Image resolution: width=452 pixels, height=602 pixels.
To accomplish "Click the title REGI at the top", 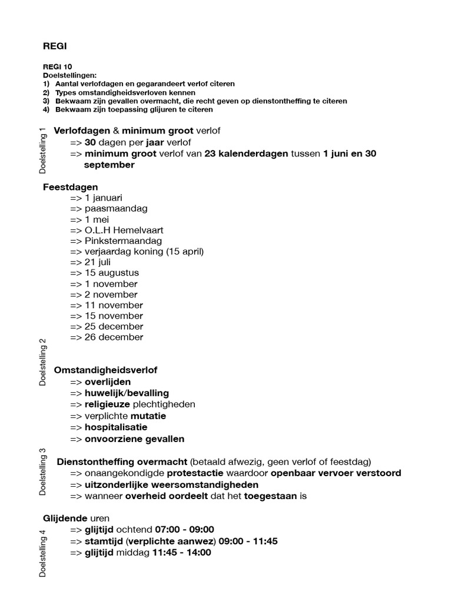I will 55,46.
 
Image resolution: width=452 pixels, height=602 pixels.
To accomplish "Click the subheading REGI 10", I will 58,68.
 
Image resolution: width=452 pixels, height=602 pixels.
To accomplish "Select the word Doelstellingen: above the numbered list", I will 69,76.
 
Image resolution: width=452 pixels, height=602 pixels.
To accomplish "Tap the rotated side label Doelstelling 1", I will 42,150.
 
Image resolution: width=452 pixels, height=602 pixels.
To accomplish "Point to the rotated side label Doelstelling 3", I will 42,471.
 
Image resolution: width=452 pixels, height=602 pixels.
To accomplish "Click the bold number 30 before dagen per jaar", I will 91,142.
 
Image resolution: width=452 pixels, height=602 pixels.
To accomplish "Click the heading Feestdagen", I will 70,187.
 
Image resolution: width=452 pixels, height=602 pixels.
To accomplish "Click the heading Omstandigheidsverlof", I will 105,370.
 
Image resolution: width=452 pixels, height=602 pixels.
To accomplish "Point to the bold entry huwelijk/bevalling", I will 127,393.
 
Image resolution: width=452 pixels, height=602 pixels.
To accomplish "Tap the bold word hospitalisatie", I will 116,427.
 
